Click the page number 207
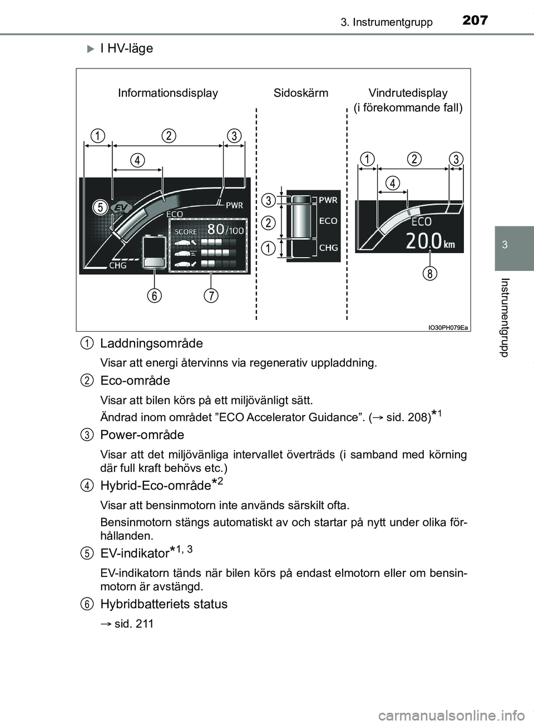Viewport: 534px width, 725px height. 475,21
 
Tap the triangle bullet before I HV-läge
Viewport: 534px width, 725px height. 91,49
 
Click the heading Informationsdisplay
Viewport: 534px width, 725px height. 168,93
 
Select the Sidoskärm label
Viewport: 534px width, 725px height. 301,93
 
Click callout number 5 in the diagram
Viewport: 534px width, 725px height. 100,208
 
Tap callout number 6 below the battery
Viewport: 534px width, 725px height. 155,295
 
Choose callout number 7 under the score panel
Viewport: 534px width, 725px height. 211,295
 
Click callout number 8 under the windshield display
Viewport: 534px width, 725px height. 429,273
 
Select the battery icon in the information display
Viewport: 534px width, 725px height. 154,252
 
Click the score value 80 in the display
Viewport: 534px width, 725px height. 216,229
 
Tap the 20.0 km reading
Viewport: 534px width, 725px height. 430,241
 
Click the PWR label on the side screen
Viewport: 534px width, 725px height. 328,200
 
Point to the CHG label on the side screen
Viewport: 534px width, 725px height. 328,248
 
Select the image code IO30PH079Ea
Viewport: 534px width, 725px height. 448,328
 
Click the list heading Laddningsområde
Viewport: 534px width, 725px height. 151,343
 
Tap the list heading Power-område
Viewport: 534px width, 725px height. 142,435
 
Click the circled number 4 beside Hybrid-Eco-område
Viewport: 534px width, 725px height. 86,485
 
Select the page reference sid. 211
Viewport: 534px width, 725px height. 133,624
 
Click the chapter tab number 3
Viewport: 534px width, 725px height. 505,245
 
